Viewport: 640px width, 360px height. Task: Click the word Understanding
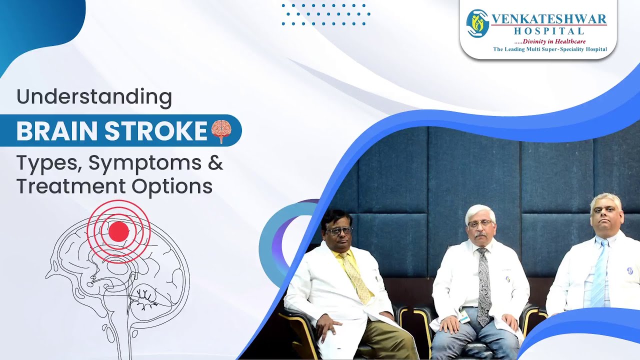(94, 96)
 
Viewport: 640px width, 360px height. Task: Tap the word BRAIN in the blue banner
(56, 131)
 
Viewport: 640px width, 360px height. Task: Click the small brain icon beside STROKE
(221, 131)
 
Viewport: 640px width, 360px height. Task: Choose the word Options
(172, 186)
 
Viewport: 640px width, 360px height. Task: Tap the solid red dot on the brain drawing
(118, 231)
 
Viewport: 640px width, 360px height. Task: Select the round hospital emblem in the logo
(477, 23)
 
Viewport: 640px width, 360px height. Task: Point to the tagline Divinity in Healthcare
(553, 41)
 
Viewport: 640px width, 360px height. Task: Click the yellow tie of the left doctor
(359, 277)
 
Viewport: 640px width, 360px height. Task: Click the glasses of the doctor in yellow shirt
(338, 230)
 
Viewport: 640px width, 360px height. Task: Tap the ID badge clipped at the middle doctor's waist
(463, 316)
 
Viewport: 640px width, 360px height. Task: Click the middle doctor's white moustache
(480, 233)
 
